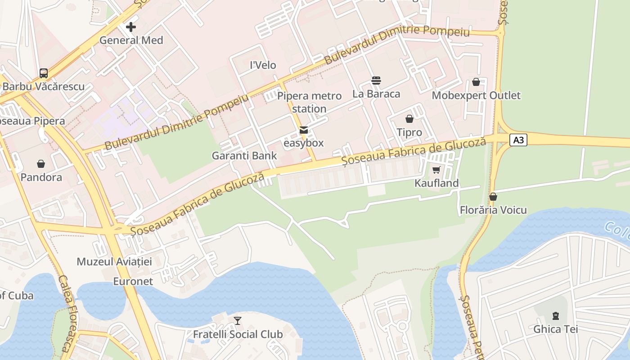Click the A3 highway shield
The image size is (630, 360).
tap(518, 140)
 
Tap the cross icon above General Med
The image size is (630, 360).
tap(131, 27)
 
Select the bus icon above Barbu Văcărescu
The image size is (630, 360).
tap(44, 73)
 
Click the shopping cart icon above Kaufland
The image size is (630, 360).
tap(436, 170)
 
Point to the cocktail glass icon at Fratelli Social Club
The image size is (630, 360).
tap(238, 321)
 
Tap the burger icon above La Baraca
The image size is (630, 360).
tap(376, 81)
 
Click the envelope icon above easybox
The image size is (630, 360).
tap(304, 130)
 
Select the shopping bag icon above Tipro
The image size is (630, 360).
tap(409, 119)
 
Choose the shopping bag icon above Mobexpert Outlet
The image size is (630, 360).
tap(476, 82)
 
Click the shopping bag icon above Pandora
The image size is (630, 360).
tap(41, 164)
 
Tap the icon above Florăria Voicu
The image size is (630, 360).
tap(493, 197)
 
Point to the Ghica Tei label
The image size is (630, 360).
tap(555, 329)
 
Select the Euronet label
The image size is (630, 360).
tap(133, 281)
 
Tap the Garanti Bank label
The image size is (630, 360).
tap(244, 156)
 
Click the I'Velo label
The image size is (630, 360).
tap(263, 65)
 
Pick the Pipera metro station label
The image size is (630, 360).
tap(309, 102)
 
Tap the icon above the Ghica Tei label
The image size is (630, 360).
tap(555, 315)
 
